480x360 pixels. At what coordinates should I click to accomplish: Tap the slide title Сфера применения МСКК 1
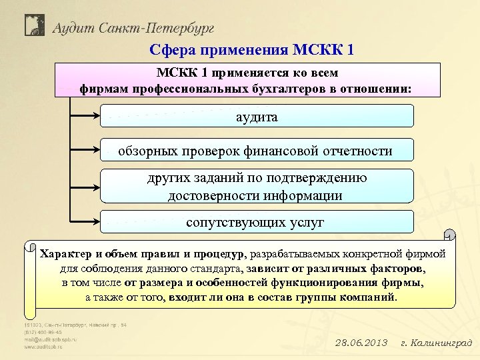tap(252, 50)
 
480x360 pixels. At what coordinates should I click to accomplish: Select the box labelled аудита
tap(257, 117)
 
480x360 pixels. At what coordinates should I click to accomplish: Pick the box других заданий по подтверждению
tap(257, 187)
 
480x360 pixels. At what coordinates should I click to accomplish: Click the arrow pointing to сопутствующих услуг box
tap(85, 221)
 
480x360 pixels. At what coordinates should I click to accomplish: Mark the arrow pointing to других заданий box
tap(85, 186)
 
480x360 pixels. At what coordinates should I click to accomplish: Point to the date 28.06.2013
tap(361, 343)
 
